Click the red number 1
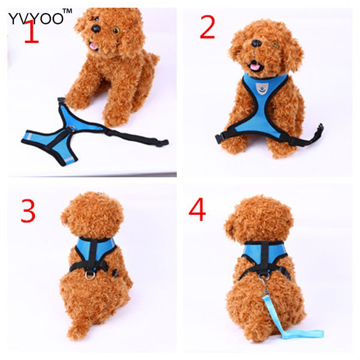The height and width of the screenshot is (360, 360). coord(31,33)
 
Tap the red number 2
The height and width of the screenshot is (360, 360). coord(207,28)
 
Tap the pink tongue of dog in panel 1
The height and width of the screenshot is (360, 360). coord(93,45)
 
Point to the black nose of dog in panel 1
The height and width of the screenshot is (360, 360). coord(95,28)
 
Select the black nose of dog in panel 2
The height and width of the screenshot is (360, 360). coord(257,44)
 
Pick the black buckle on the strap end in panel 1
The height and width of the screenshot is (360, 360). coord(161,143)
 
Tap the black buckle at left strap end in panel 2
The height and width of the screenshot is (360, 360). coord(218,138)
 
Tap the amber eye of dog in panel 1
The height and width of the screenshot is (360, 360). coord(116,30)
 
